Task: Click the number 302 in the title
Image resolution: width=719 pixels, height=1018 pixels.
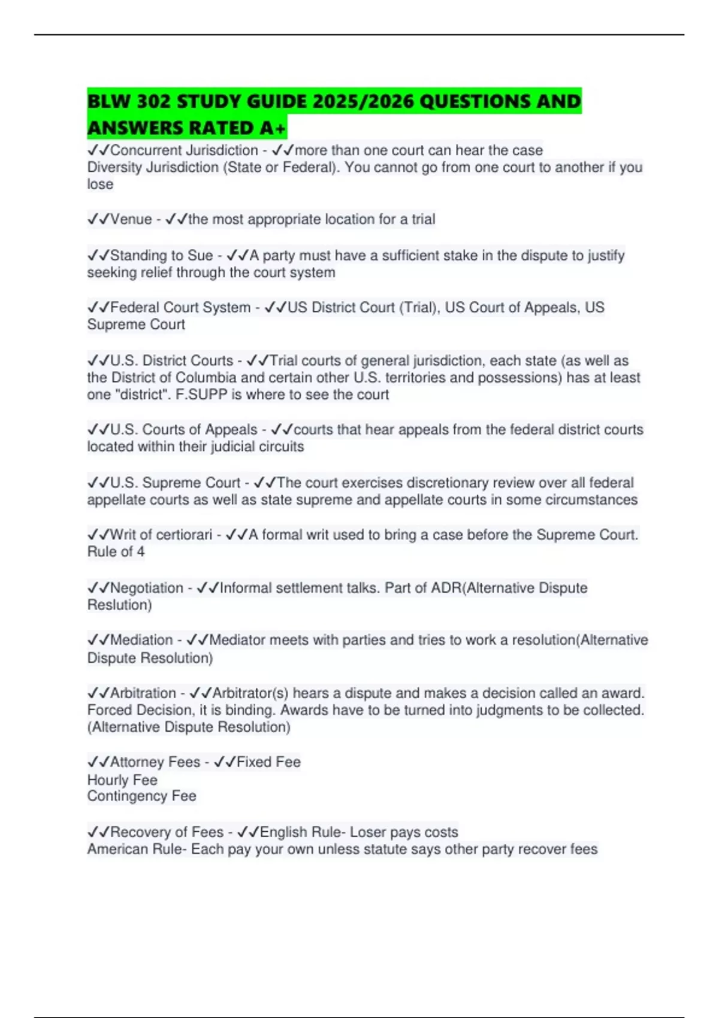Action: pos(153,102)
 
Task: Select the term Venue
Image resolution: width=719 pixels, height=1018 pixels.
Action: pos(131,219)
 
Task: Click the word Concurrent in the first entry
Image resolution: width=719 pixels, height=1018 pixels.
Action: pos(144,150)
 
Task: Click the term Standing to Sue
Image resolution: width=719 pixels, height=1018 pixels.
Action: pos(161,255)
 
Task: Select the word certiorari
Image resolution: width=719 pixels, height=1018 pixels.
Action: pos(178,535)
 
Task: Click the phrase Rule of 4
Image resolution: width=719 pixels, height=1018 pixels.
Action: pos(116,552)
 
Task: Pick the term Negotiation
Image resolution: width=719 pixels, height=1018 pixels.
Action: pos(146,588)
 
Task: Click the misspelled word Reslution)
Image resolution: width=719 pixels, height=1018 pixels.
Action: pos(120,605)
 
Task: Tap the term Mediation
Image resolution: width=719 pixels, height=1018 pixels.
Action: pos(141,640)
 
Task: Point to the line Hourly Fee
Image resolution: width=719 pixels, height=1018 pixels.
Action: pos(122,780)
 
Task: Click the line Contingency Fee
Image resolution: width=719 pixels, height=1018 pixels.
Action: pos(141,796)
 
